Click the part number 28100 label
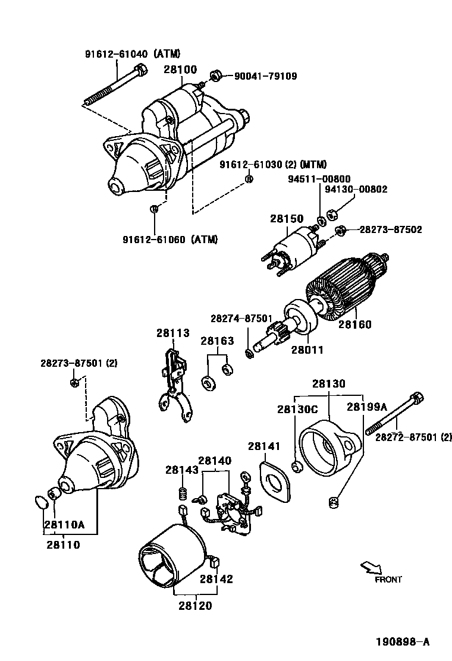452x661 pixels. pyautogui.click(x=180, y=70)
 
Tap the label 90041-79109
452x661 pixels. pyautogui.click(x=265, y=76)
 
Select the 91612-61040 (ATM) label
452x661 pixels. pyautogui.click(x=132, y=53)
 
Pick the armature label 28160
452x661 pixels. pyautogui.click(x=355, y=325)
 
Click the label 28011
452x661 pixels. pyautogui.click(x=307, y=350)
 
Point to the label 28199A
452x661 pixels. pyautogui.click(x=367, y=407)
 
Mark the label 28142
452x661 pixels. pyautogui.click(x=216, y=578)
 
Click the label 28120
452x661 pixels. pyautogui.click(x=195, y=606)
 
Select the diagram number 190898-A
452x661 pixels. pyautogui.click(x=402, y=642)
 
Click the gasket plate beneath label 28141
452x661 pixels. pyautogui.click(x=275, y=479)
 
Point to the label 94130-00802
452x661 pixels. pyautogui.click(x=356, y=189)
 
